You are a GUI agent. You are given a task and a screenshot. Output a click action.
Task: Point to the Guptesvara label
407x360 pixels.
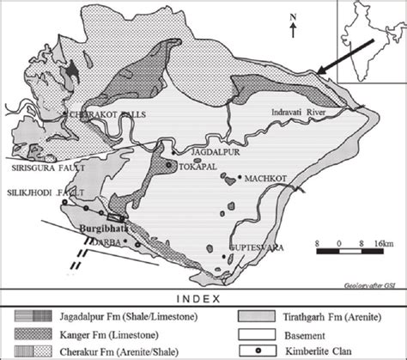pos(256,247)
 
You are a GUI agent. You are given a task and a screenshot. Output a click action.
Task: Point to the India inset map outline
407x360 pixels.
pos(370,39)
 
